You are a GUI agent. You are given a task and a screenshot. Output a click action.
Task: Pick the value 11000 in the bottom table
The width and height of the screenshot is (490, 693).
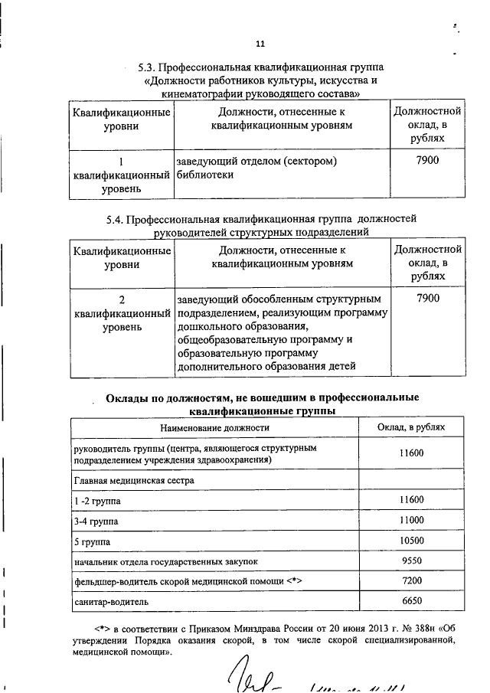coord(411,520)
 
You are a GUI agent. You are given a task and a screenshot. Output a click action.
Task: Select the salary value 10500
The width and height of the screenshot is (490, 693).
coord(411,541)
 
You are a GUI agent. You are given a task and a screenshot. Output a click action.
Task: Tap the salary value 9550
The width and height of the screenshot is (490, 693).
coord(411,561)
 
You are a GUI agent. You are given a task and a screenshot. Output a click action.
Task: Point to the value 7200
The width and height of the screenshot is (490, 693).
coord(411,580)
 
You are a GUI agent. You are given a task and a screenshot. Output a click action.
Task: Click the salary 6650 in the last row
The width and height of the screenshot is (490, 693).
coord(411,600)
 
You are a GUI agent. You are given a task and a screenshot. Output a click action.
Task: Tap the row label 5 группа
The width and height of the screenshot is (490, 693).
coord(92,541)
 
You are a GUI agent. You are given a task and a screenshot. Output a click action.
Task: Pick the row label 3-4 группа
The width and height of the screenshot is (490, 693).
coord(96,521)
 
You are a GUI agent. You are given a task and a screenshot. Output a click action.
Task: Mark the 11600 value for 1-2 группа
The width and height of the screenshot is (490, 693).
coord(411,500)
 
